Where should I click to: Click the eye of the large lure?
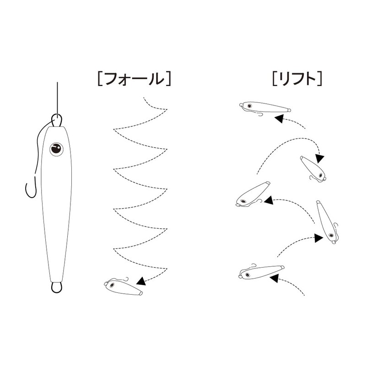[x=56, y=150]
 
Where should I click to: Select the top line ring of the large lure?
[x=56, y=120]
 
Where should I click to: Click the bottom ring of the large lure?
[x=56, y=287]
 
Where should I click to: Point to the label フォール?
[x=134, y=79]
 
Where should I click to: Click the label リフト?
[x=297, y=79]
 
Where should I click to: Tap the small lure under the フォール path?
[x=123, y=286]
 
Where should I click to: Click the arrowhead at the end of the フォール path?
[x=141, y=281]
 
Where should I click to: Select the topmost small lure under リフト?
[x=265, y=108]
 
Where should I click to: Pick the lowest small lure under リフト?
[x=261, y=272]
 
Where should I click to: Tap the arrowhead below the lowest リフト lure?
[x=274, y=278]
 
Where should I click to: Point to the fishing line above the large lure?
[x=57, y=100]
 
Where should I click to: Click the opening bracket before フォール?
[x=100, y=79]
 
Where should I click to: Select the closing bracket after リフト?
[x=319, y=79]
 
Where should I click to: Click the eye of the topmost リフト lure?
[x=249, y=106]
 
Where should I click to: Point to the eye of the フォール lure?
[x=112, y=285]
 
